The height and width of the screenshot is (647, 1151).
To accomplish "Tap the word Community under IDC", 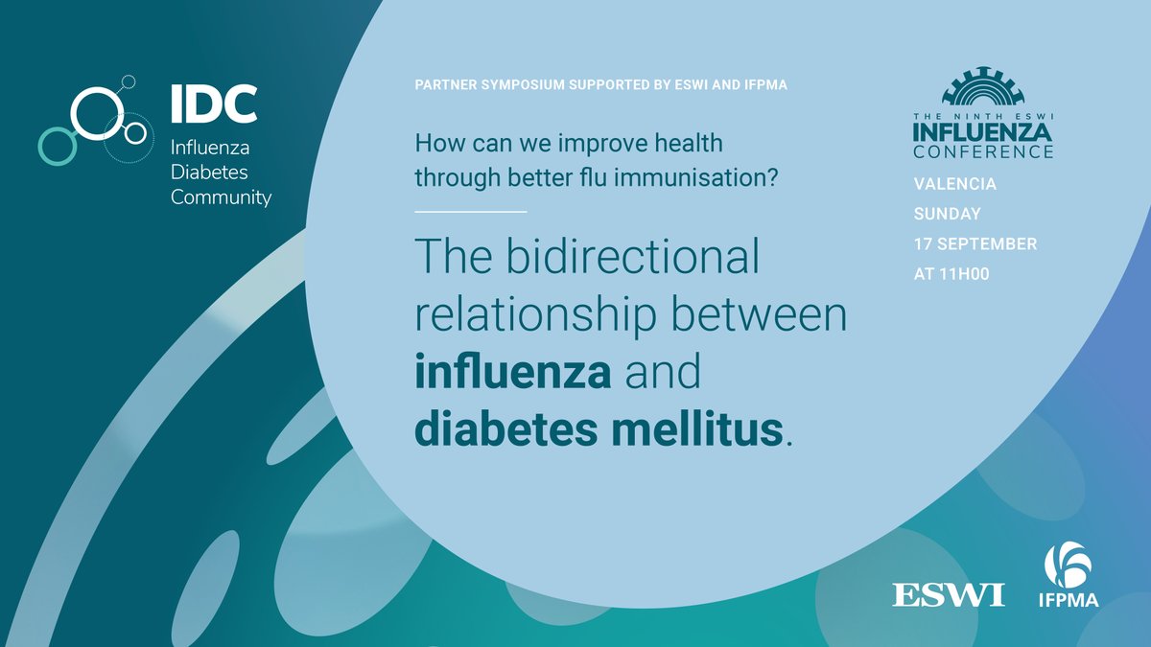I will coord(221,197).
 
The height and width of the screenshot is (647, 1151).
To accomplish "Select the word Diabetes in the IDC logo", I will coord(208,173).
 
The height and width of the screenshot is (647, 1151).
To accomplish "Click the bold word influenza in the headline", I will coord(513,372).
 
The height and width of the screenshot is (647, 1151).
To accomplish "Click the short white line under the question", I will coord(471,211).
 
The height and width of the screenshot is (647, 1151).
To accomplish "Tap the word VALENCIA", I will coord(954,184).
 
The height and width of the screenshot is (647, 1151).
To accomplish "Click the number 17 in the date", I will coord(923,243).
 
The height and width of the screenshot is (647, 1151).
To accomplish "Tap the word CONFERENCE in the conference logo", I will coord(983,151).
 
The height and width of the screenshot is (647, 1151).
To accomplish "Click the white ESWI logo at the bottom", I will coord(949,594).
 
